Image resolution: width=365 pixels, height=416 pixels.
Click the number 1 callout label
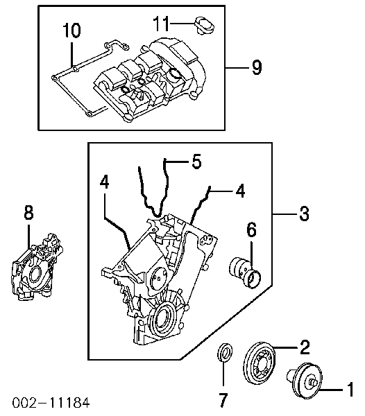pos(350,388)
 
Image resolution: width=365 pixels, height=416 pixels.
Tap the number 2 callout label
pos(303,345)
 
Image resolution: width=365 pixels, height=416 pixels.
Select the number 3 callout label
pos(303,215)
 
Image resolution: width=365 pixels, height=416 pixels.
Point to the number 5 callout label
pos(196,162)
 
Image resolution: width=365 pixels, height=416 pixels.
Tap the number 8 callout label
pos(28,214)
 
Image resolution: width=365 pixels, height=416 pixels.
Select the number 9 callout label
pos(256,67)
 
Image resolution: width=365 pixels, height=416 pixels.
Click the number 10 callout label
pos(71,31)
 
